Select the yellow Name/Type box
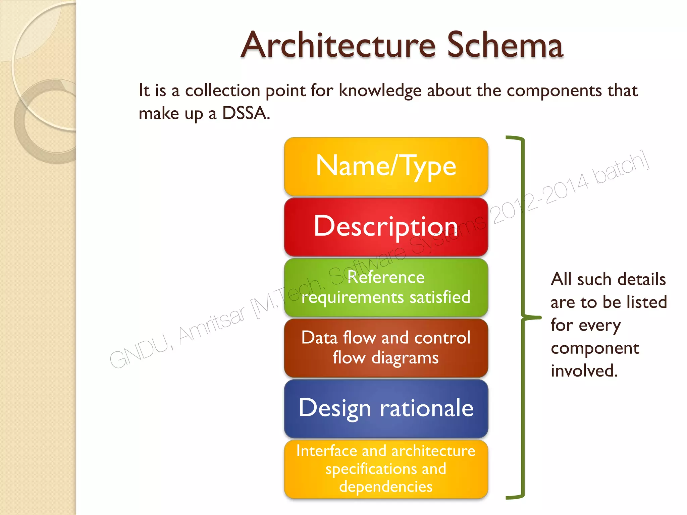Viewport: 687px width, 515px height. coord(386,166)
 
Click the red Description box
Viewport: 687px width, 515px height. coord(386,227)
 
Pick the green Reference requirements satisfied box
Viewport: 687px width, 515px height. coord(386,287)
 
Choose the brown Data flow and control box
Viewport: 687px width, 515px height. coord(386,348)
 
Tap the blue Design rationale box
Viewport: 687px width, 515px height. coord(386,408)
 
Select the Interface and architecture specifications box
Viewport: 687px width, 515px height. coord(386,469)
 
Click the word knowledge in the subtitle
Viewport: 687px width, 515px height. coord(380,91)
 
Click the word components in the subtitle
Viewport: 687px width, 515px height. coord(554,91)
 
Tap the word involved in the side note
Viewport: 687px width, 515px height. coord(584,371)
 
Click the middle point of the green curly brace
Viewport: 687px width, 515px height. coord(533,317)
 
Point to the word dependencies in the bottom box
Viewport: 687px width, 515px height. coord(386,487)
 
